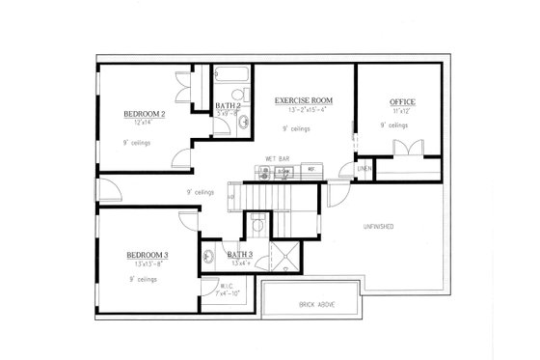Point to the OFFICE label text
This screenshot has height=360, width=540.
pyautogui.click(x=402, y=102)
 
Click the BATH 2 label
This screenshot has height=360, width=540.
pyautogui.click(x=228, y=105)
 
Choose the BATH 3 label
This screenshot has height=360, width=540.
pyautogui.click(x=239, y=256)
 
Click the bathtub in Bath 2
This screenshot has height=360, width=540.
pyautogui.click(x=231, y=75)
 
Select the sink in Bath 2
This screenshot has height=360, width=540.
pyautogui.click(x=243, y=123)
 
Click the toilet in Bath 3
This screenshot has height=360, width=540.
pyautogui.click(x=256, y=223)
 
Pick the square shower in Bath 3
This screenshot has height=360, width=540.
pyautogui.click(x=285, y=256)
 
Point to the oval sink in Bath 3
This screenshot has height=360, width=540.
pyautogui.click(x=209, y=256)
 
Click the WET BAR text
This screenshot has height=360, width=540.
pyautogui.click(x=278, y=157)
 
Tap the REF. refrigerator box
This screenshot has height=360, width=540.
pyautogui.click(x=310, y=171)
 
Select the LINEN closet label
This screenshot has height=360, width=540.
pyautogui.click(x=364, y=170)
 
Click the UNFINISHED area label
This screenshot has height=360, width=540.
pyautogui.click(x=377, y=227)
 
